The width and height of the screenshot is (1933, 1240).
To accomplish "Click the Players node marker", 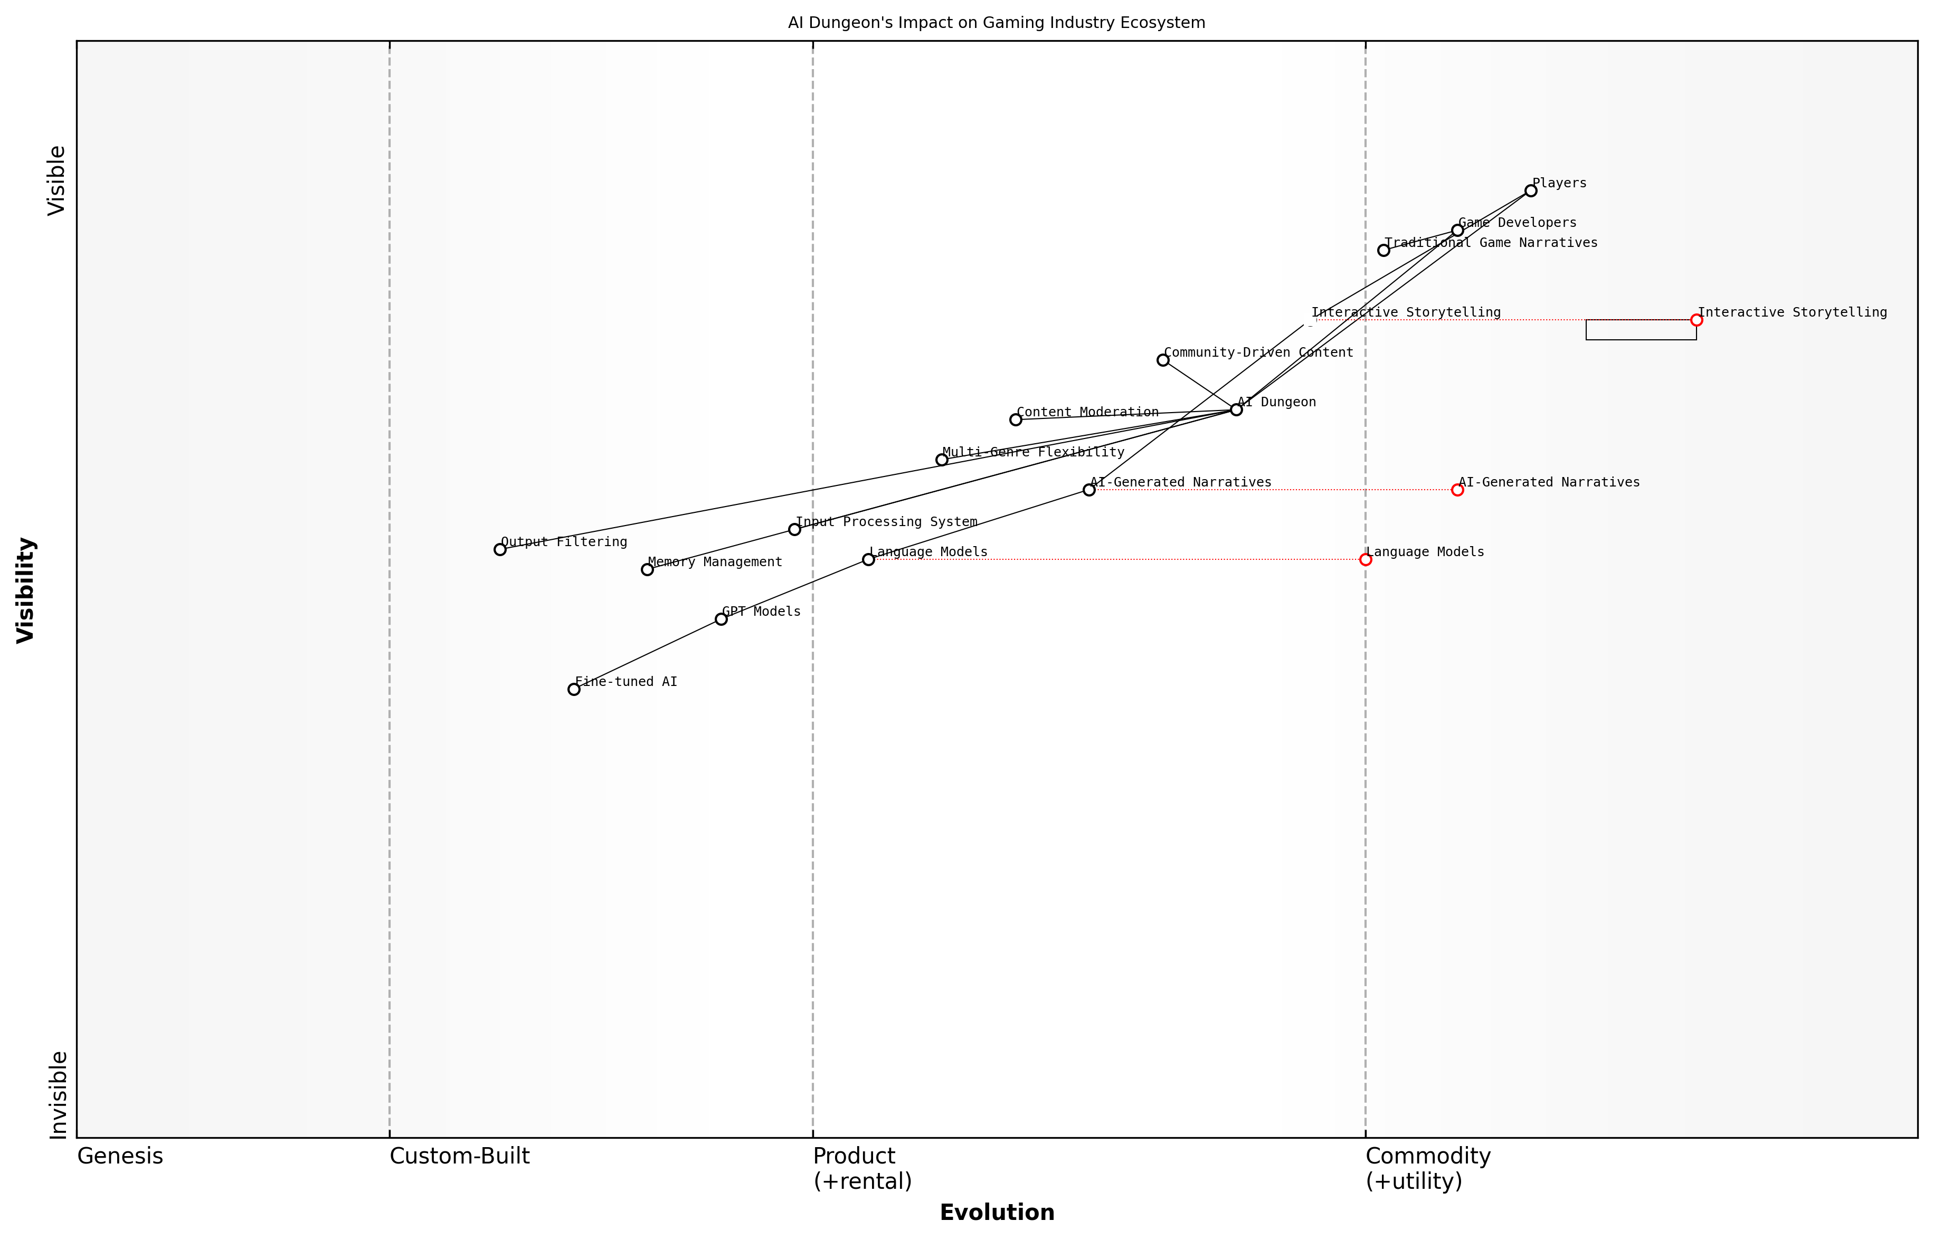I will coord(1530,191).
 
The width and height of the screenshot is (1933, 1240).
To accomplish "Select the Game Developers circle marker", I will coord(1457,230).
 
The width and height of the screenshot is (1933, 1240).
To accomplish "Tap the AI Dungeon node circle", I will coord(1236,410).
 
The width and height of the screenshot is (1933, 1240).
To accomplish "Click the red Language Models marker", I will coord(1365,560).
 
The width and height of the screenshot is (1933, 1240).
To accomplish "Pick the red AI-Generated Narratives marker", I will coord(1457,490).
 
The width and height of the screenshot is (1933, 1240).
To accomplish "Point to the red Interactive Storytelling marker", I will coord(1696,320).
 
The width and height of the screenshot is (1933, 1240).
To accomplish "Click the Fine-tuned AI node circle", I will coord(573,689).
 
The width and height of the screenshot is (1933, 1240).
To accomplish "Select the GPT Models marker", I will coord(721,619).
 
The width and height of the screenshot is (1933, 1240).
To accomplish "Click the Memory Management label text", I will coord(714,562).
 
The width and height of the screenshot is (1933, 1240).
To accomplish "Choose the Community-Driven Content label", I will coord(1258,352).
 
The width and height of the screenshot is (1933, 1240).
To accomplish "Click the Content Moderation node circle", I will coord(1016,419).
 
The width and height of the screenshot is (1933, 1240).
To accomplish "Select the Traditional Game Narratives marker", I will coord(1384,251).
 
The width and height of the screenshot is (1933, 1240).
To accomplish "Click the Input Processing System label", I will coord(886,522).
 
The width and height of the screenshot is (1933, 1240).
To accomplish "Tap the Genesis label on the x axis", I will coord(120,1156).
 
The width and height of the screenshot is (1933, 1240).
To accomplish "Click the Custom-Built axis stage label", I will coord(459,1156).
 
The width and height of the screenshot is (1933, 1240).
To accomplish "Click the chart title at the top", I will coord(996,23).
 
